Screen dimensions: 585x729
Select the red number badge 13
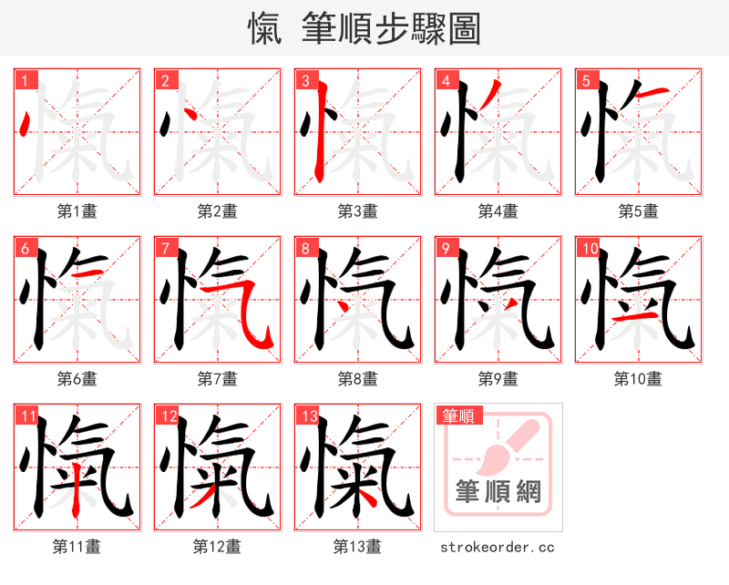[307, 416]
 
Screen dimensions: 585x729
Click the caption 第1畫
[77, 211]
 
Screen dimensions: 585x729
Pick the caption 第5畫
[638, 211]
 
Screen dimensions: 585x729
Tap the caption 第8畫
[357, 379]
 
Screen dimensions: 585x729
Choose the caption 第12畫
[217, 547]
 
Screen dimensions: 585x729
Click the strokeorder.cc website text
[498, 547]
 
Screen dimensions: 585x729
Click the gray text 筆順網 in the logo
[498, 492]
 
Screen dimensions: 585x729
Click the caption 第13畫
[357, 547]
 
